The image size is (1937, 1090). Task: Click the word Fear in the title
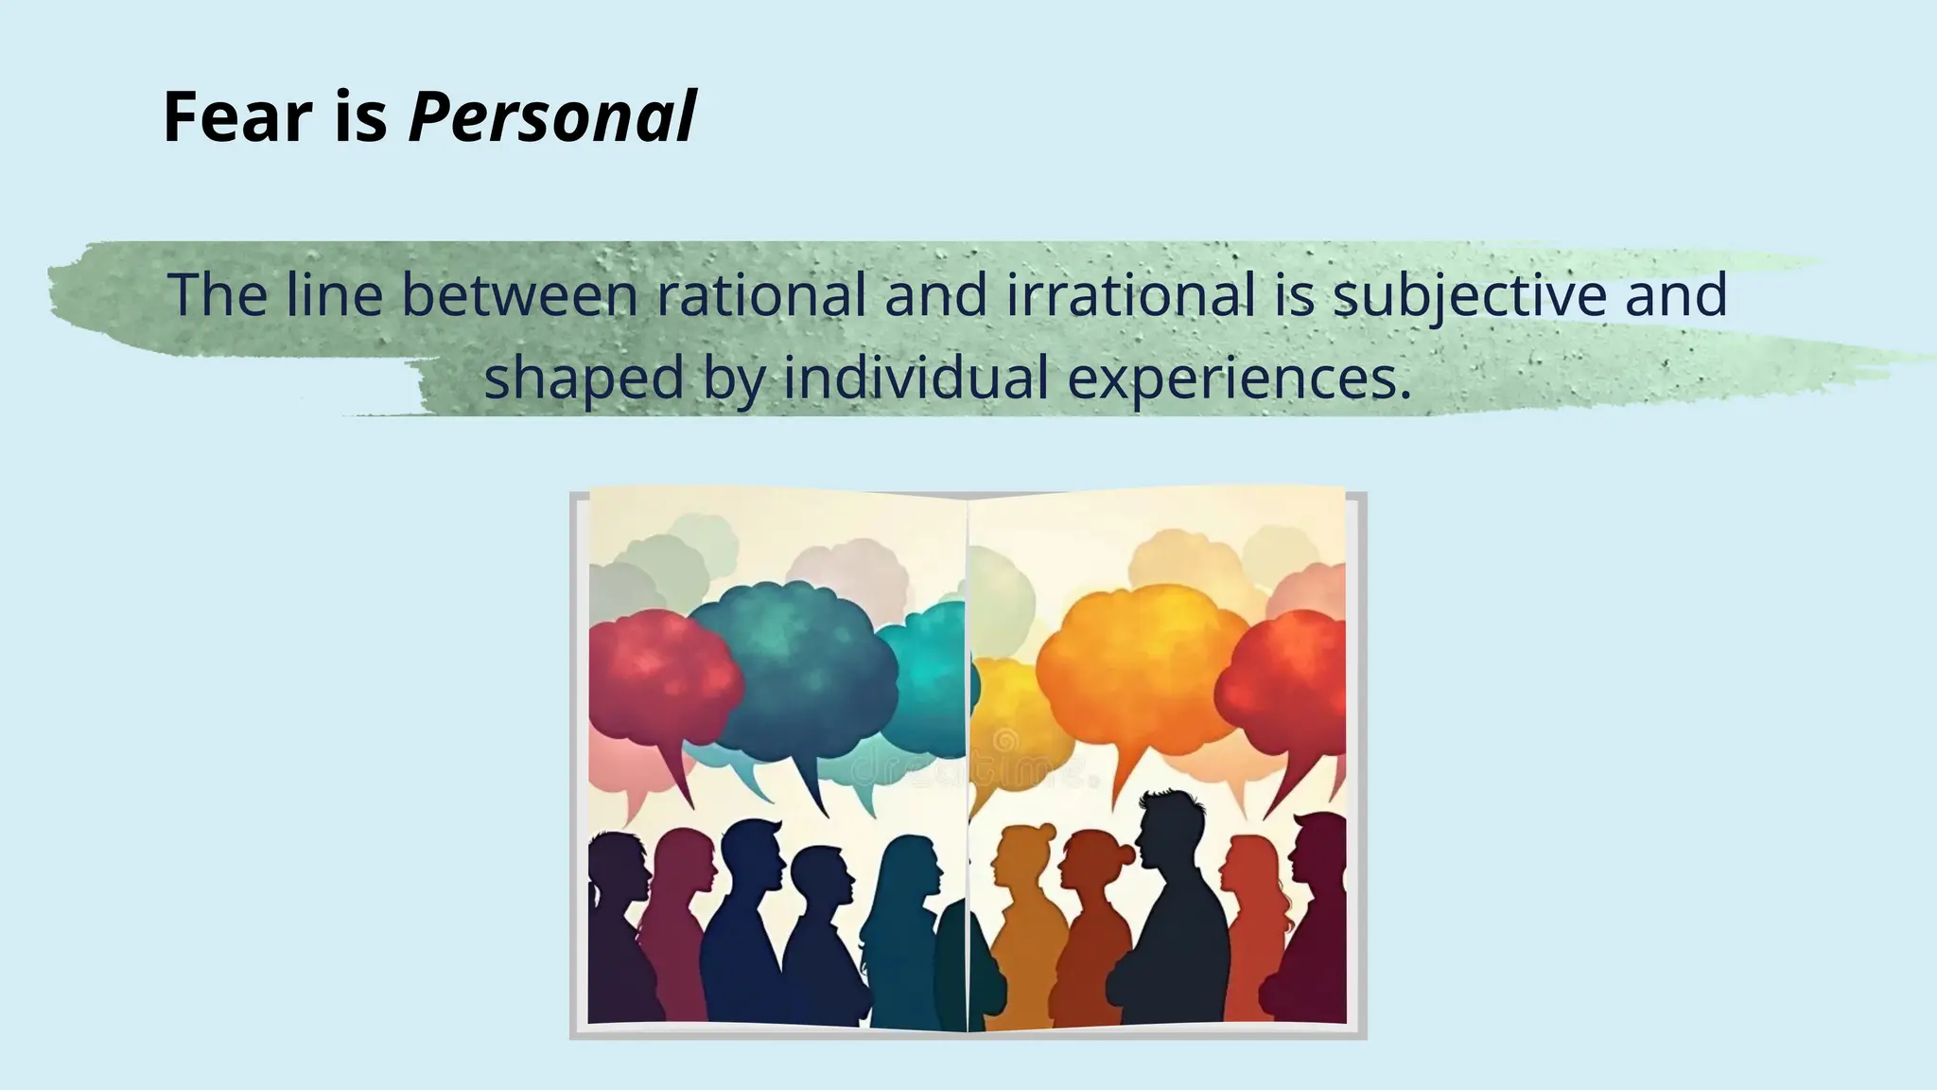tap(237, 117)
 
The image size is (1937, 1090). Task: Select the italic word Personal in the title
tap(552, 117)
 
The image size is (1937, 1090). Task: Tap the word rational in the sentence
tap(761, 294)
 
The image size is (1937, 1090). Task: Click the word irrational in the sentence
tap(1130, 294)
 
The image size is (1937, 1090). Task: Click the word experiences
tap(1239, 378)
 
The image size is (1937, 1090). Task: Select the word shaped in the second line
tap(583, 378)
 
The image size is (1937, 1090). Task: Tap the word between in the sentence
tap(520, 294)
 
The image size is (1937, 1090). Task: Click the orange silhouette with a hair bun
tap(1026, 918)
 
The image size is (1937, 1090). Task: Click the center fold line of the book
tap(968, 757)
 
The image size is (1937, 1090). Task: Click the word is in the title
tap(360, 117)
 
